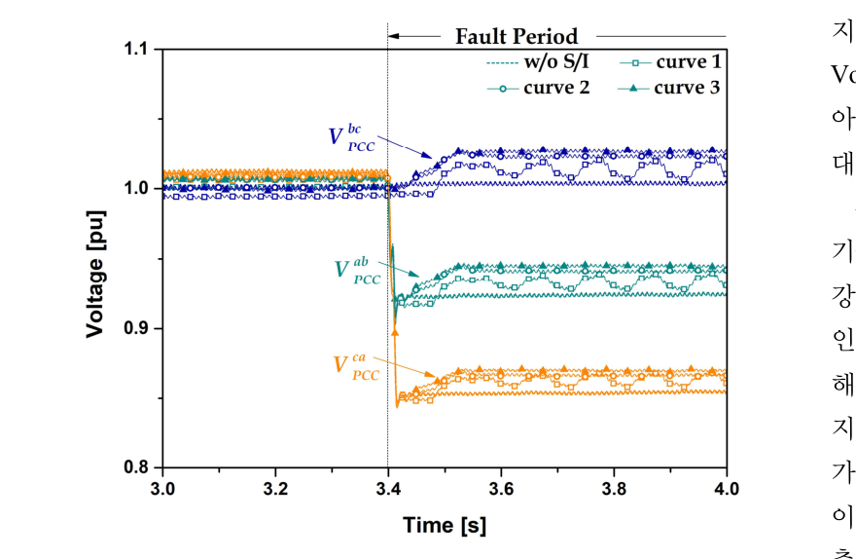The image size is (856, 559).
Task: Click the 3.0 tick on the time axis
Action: tap(162, 487)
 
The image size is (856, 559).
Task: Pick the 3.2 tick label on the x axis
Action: tap(275, 487)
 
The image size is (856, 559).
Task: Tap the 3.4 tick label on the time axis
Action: tap(388, 487)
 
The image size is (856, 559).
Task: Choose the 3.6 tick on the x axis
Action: tap(501, 487)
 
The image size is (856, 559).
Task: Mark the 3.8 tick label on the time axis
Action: tap(614, 487)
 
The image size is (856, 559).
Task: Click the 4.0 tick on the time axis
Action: tap(727, 487)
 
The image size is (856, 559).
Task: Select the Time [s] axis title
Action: tap(445, 526)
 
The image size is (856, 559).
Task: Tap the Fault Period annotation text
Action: tap(517, 37)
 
